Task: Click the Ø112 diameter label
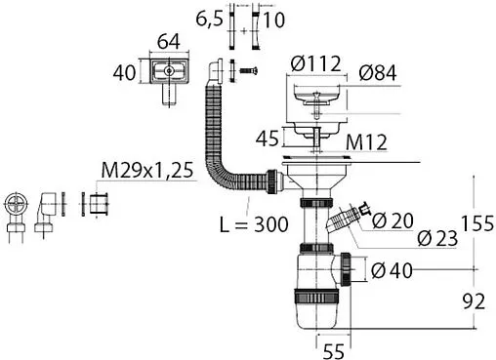(x=316, y=63)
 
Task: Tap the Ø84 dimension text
(x=378, y=72)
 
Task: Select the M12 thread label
(x=366, y=142)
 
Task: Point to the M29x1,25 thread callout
(x=147, y=170)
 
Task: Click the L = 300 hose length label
(x=254, y=224)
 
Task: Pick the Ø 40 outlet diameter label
(x=392, y=270)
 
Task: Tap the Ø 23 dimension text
(x=437, y=238)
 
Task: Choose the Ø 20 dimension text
(x=393, y=220)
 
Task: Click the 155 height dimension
(x=477, y=223)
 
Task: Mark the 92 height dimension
(x=474, y=301)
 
